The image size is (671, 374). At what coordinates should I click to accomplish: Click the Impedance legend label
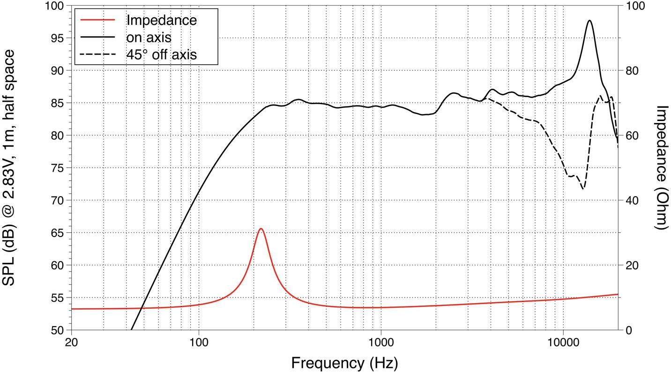[x=161, y=20]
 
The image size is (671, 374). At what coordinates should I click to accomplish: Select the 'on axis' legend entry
[x=149, y=37]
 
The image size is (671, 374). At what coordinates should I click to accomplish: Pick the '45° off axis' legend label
[x=161, y=54]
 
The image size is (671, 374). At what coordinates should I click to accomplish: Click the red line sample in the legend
[x=97, y=20]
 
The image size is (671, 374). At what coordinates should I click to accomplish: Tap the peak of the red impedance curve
[x=261, y=229]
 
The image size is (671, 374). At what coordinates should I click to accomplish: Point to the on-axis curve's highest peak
[x=589, y=21]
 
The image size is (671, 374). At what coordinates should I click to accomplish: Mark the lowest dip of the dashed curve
[x=582, y=189]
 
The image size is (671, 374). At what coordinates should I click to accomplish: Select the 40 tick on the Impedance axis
[x=631, y=200]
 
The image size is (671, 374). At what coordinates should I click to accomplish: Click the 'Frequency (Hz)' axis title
[x=344, y=363]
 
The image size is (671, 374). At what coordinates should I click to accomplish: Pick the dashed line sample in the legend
[x=97, y=54]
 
